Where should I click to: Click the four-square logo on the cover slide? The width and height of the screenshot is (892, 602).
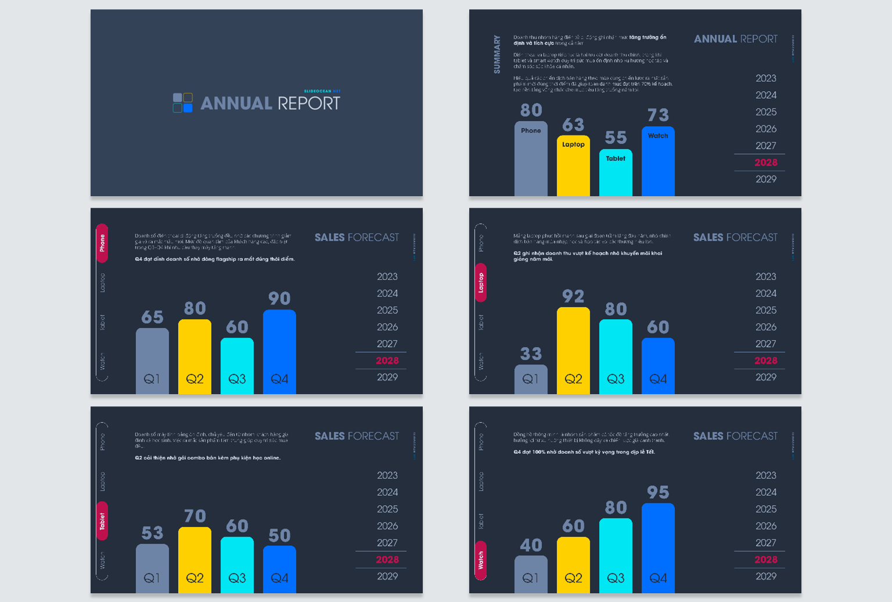(183, 103)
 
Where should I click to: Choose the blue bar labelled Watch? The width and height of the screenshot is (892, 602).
(658, 163)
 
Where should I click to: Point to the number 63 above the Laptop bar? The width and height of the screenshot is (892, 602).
(573, 125)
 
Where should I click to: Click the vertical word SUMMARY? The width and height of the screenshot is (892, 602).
(497, 55)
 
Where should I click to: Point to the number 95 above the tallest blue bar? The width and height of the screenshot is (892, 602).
(658, 492)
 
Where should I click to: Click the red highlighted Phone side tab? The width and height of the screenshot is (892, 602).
(102, 243)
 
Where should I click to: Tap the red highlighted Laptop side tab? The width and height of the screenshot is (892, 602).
(481, 283)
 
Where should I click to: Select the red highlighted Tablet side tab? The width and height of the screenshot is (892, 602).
(102, 521)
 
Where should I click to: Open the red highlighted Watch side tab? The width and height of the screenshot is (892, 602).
(481, 560)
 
